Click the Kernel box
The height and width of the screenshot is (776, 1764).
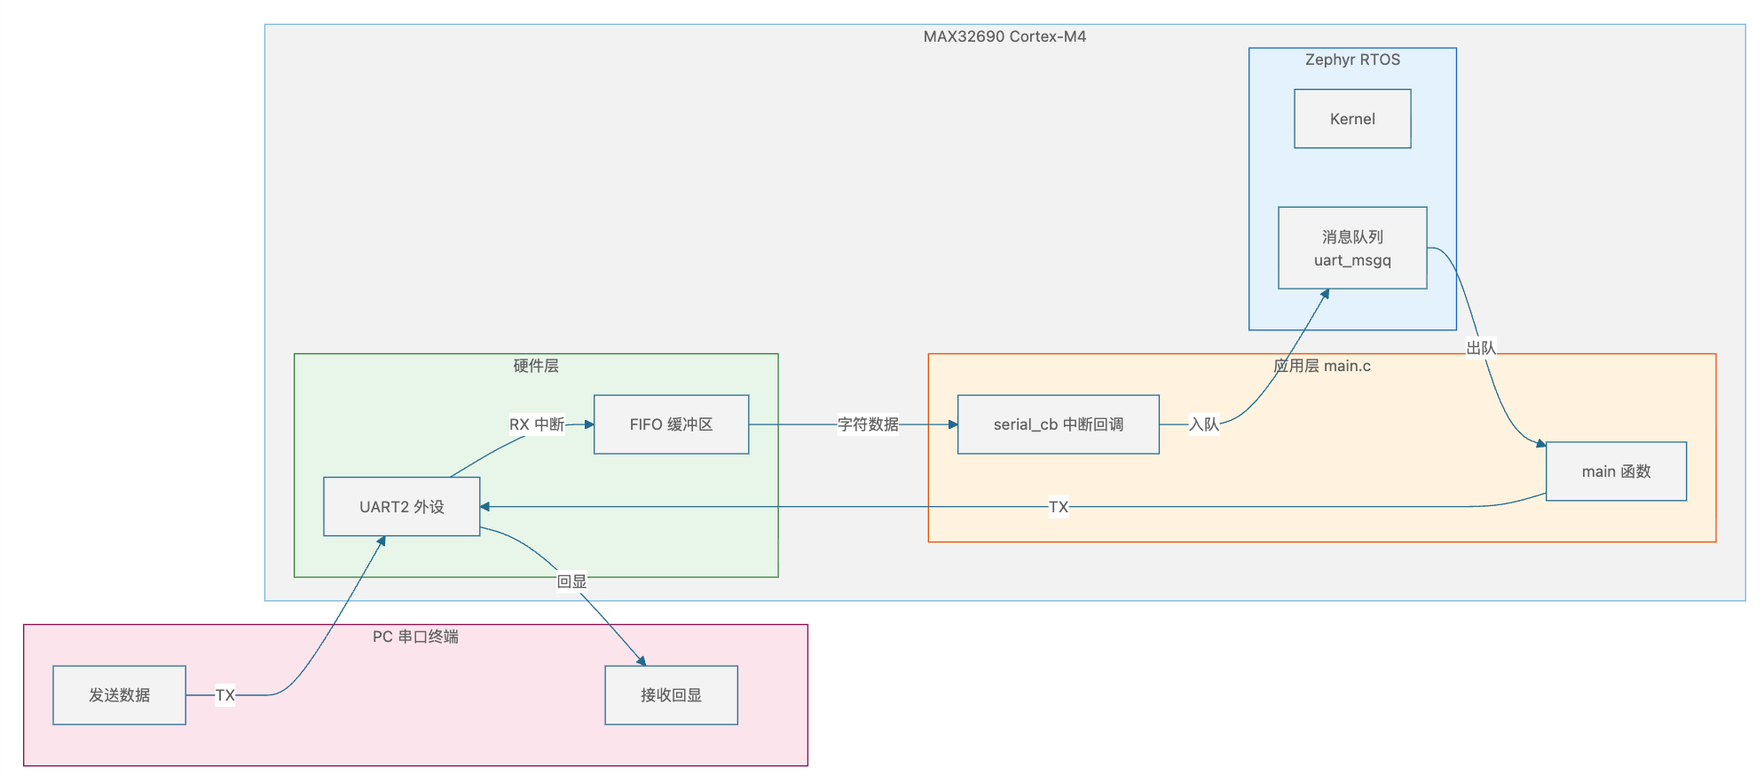pyautogui.click(x=1352, y=119)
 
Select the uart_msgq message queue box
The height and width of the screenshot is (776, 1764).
pyautogui.click(x=1352, y=248)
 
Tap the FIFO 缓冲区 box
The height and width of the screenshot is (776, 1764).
pyautogui.click(x=671, y=424)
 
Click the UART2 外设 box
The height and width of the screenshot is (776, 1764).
pyautogui.click(x=402, y=507)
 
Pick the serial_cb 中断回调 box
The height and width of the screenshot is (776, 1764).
pyautogui.click(x=1059, y=424)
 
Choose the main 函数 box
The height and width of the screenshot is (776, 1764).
pyautogui.click(x=1616, y=471)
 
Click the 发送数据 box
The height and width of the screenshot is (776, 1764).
pyautogui.click(x=120, y=695)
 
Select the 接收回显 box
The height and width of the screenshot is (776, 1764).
pyautogui.click(x=671, y=695)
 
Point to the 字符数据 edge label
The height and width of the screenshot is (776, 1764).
pyautogui.click(x=868, y=424)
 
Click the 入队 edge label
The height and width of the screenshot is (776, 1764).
pyautogui.click(x=1204, y=424)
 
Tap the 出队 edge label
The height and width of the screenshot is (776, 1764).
pyautogui.click(x=1481, y=348)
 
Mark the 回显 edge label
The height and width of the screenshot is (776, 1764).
pyautogui.click(x=571, y=582)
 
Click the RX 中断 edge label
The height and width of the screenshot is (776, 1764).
pyautogui.click(x=537, y=424)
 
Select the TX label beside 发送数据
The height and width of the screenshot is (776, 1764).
pyautogui.click(x=225, y=695)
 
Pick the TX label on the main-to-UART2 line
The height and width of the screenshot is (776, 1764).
pyautogui.click(x=1059, y=507)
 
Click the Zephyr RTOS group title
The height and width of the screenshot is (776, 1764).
pyautogui.click(x=1352, y=59)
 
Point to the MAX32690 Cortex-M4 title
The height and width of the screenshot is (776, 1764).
pyautogui.click(x=1004, y=36)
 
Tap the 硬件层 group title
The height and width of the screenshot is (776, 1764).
pyautogui.click(x=536, y=366)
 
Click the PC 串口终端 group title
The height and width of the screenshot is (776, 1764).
pyautogui.click(x=415, y=637)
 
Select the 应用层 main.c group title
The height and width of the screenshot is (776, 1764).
pyautogui.click(x=1322, y=366)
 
